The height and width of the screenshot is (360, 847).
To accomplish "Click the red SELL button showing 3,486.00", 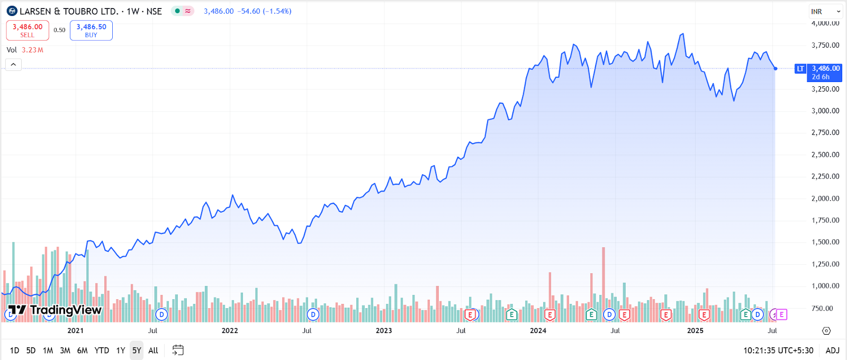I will click(x=28, y=30).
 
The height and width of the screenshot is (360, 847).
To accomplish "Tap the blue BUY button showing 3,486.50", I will click(x=91, y=30).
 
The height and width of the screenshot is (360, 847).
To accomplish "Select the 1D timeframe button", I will click(x=14, y=350).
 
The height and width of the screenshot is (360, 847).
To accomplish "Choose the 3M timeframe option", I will click(x=65, y=350).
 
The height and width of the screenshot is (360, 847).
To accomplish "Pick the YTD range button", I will click(x=102, y=350).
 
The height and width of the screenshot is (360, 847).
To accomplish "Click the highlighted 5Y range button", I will click(x=137, y=350).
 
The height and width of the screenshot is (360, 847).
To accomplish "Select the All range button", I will click(x=153, y=350).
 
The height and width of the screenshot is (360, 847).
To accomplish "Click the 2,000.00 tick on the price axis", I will click(x=825, y=199).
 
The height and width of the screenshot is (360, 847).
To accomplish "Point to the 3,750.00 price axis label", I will click(x=825, y=45).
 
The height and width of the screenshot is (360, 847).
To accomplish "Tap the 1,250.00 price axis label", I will click(x=825, y=264).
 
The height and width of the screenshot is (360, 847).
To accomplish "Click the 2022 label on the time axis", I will click(x=230, y=331).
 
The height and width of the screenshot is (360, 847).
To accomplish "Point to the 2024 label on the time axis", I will click(x=538, y=331).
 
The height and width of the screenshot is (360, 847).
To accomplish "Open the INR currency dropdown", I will click(x=825, y=11).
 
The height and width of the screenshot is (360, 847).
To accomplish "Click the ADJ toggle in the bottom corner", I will click(x=832, y=350).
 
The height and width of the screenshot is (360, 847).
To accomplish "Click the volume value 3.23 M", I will click(x=32, y=50).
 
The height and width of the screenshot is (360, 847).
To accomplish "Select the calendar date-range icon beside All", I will click(x=178, y=350).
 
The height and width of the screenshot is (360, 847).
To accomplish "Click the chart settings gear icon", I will click(x=826, y=331).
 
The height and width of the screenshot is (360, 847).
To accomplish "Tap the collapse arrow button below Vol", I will click(x=13, y=65).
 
